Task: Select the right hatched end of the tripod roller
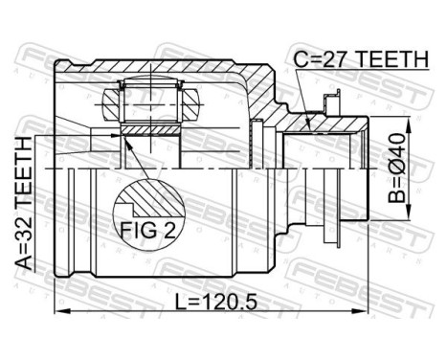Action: [189, 98]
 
